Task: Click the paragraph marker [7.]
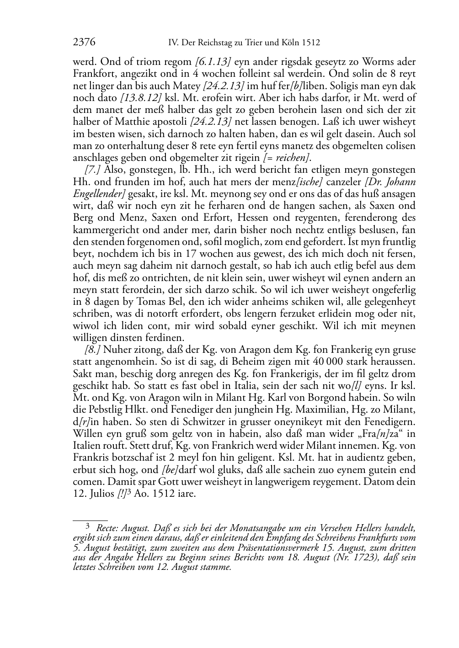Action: [x=93, y=170]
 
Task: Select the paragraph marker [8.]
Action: [x=93, y=350]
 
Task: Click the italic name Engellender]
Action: [x=99, y=193]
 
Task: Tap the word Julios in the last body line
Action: [x=100, y=494]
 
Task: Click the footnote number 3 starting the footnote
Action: [x=89, y=526]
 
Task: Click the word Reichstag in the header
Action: [x=218, y=43]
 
